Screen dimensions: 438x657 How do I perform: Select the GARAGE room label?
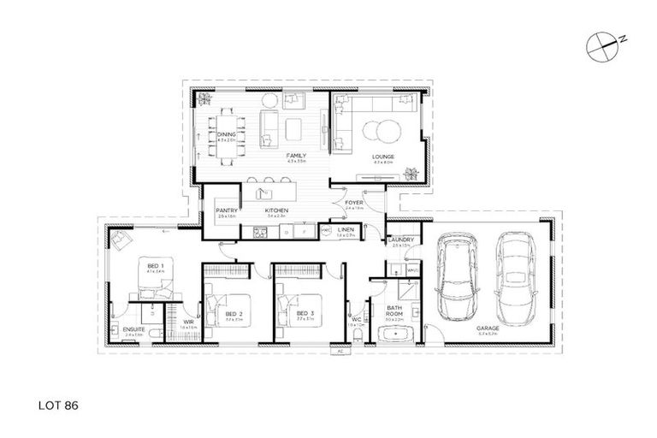point(488,328)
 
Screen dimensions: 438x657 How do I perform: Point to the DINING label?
point(226,135)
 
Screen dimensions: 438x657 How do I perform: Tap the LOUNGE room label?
point(382,157)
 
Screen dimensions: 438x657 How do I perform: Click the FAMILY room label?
point(296,157)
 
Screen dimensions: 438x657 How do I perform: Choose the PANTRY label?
point(226,210)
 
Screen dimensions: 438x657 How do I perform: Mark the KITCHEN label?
point(275,210)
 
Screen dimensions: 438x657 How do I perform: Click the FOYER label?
point(355,203)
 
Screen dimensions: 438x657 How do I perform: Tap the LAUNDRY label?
point(400,240)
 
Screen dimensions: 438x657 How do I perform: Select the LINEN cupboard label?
point(346,229)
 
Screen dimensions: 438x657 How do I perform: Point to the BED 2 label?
point(234,314)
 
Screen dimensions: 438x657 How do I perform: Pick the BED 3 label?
point(305,314)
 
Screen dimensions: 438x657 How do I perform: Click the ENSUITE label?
point(133,329)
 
